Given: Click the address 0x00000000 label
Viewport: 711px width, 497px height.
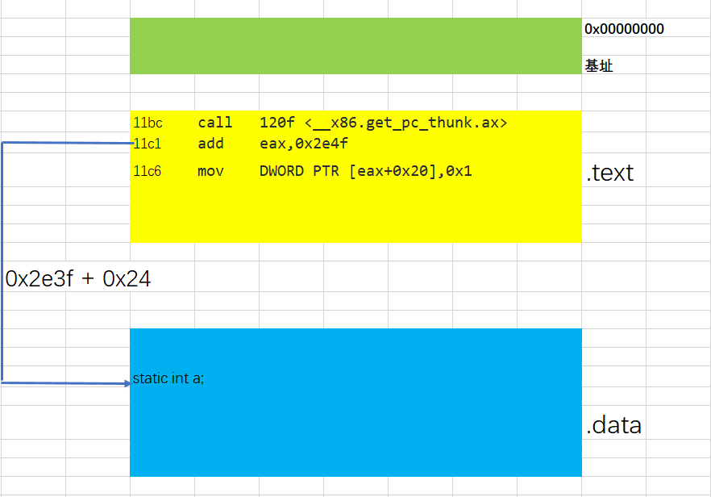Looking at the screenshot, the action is (624, 29).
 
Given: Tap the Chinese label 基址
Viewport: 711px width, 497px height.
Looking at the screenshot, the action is (598, 66).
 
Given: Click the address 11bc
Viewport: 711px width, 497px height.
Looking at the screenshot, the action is (148, 123).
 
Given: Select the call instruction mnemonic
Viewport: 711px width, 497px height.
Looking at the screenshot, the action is (215, 123).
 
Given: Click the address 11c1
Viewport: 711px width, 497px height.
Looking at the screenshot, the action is (148, 144).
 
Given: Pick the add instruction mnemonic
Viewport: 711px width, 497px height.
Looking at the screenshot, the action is (211, 144).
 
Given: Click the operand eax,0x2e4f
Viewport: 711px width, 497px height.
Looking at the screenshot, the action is (304, 144).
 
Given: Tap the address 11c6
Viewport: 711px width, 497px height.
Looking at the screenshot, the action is (148, 171).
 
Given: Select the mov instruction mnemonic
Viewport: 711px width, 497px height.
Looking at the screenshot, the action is (211, 171).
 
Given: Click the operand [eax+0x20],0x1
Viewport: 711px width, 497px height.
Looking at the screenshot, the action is (410, 171).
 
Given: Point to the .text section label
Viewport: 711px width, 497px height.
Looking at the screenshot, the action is (610, 173).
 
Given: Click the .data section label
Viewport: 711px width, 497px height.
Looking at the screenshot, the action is (613, 425).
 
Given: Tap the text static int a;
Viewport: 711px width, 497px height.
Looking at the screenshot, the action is (168, 378).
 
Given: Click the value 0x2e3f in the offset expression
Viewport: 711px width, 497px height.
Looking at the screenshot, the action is (39, 278).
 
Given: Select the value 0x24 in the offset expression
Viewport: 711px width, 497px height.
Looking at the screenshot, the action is (127, 278).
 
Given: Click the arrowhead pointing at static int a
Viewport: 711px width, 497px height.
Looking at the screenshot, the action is (127, 383).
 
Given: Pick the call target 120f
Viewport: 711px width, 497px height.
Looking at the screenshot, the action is (277, 123).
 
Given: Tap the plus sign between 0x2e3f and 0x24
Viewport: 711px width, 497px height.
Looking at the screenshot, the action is (88, 279).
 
